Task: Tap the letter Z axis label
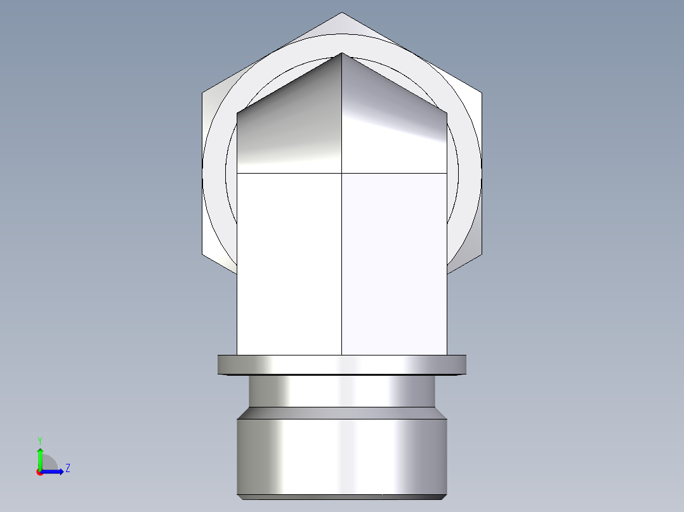(67, 468)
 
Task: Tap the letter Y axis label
(39, 440)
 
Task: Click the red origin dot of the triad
(39, 471)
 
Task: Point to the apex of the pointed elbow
(342, 53)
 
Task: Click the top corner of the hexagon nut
(341, 13)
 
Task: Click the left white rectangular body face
(289, 263)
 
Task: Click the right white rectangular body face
(394, 263)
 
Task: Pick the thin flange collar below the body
(341, 364)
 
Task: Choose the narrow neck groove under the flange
(341, 390)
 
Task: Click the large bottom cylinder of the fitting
(341, 456)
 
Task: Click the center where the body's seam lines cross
(342, 172)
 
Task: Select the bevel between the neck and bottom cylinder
(341, 413)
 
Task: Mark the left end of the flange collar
(220, 364)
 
